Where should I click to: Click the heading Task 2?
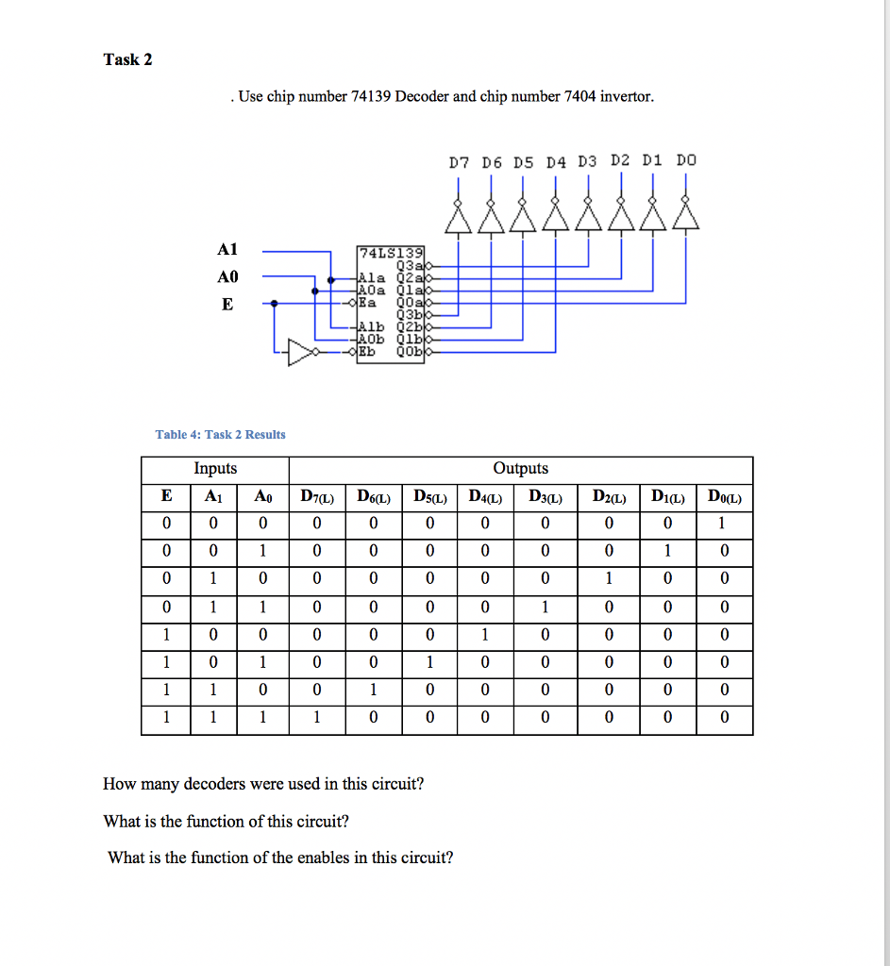(127, 59)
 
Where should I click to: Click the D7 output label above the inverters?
(459, 161)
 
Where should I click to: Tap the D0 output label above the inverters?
(686, 160)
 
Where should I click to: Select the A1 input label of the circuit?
(227, 250)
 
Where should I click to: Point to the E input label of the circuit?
(227, 304)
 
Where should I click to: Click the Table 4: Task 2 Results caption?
(220, 434)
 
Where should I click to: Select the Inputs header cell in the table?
(215, 469)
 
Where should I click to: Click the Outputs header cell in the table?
(520, 469)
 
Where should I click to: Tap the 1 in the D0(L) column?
(724, 524)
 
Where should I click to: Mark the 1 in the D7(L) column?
(316, 718)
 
